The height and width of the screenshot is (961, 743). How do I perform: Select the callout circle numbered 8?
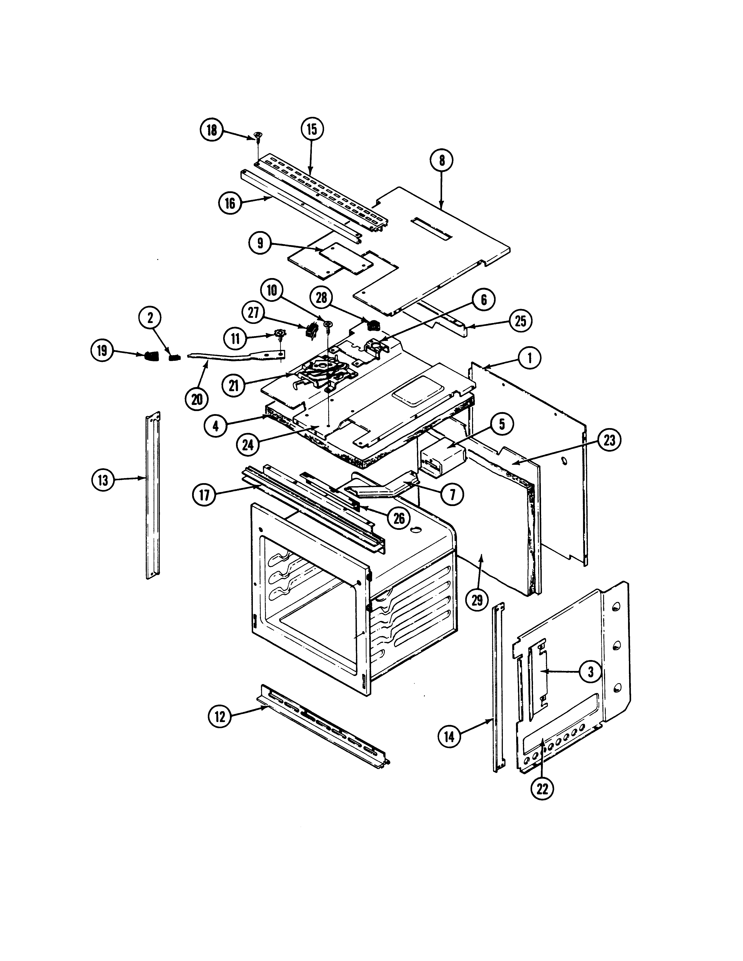[x=442, y=161]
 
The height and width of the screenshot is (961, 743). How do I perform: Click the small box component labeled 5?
[x=442, y=456]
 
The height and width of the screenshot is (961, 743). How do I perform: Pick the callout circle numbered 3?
[x=590, y=683]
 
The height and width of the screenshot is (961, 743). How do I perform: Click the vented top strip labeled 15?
[x=321, y=191]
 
